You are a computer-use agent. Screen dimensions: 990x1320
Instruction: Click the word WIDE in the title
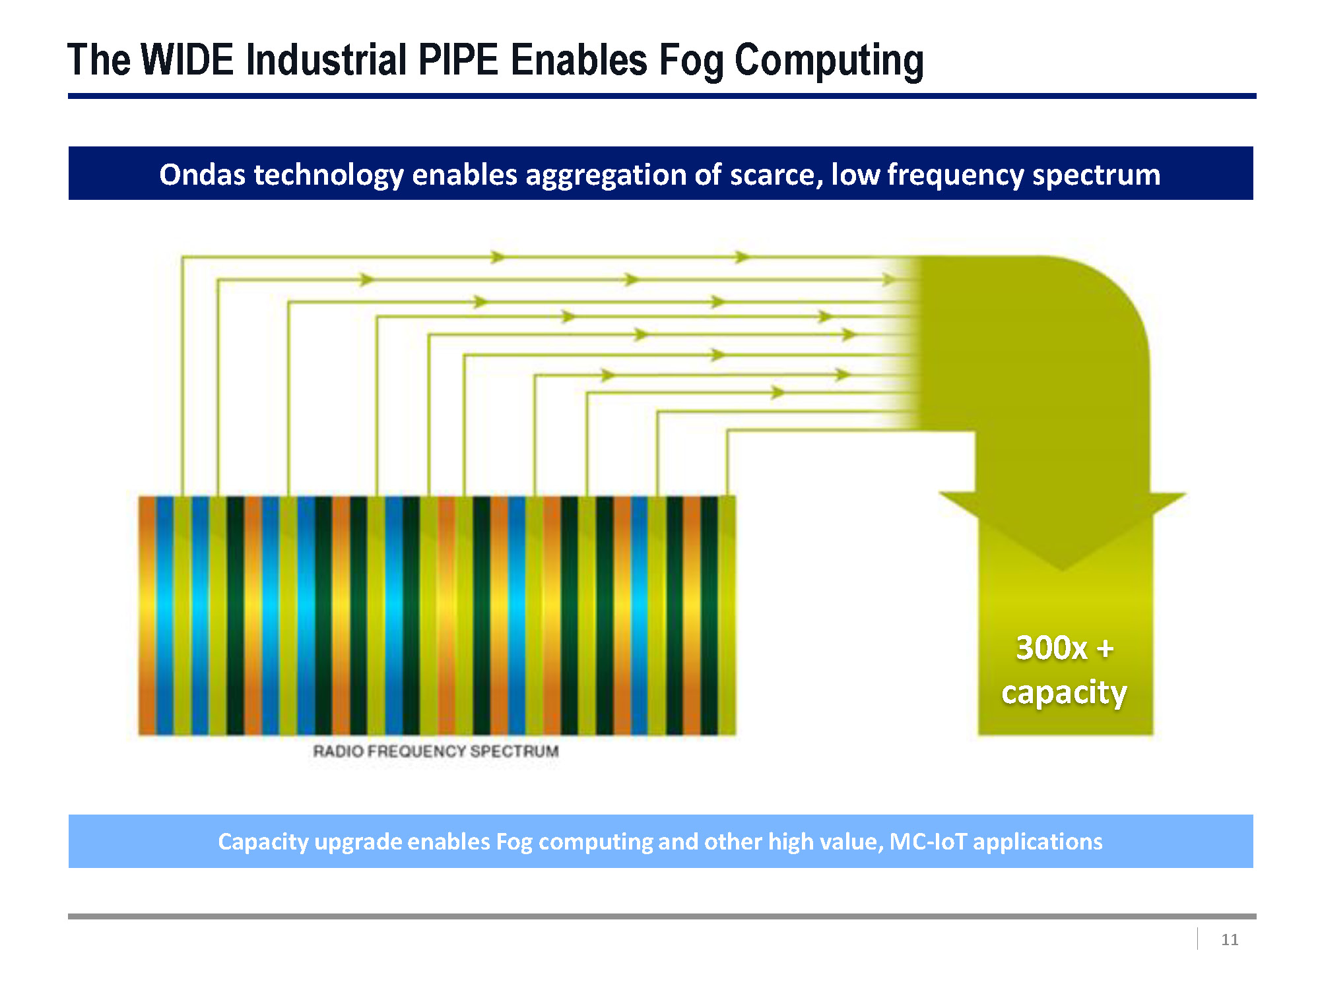pos(187,60)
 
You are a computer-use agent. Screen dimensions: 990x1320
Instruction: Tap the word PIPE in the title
pos(458,60)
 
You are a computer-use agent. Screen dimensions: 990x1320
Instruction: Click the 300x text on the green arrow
pos(1051,648)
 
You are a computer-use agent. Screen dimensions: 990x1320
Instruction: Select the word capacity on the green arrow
pos(1064,693)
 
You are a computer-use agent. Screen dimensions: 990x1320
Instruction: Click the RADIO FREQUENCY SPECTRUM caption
pos(436,751)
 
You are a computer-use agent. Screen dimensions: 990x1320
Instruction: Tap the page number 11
pos(1230,939)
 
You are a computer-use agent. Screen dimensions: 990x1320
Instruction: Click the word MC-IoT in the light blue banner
pos(928,842)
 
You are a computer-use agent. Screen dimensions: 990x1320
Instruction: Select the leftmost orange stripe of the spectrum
pos(147,615)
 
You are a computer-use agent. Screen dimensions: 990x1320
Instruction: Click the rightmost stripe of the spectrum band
pos(727,615)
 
